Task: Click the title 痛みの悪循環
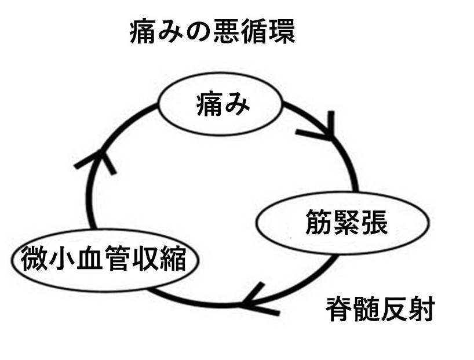click(x=212, y=32)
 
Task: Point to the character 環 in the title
click(x=281, y=32)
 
